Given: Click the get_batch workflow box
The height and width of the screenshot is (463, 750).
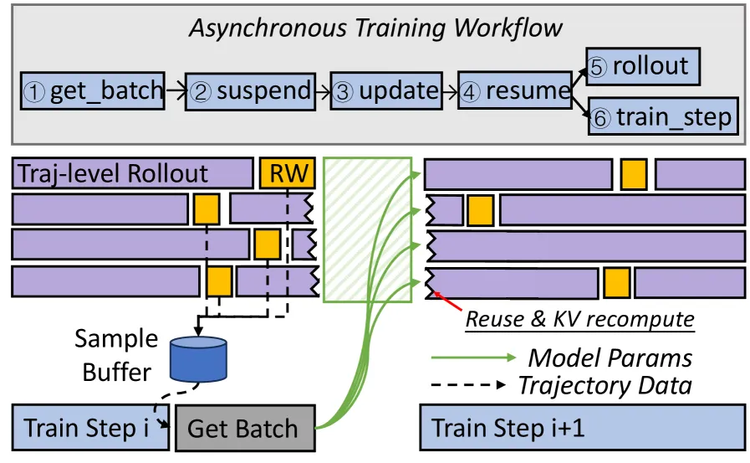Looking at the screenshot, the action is [x=93, y=91].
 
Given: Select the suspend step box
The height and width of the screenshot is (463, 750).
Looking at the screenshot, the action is [x=250, y=91].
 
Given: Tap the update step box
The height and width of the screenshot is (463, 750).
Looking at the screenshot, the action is [x=386, y=91].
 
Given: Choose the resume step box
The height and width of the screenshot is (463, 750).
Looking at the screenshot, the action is [x=515, y=90].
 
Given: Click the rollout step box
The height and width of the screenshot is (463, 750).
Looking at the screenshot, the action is [x=643, y=66].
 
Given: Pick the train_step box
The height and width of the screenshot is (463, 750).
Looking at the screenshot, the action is [x=663, y=116].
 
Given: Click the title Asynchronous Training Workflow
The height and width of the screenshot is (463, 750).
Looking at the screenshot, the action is [x=375, y=28].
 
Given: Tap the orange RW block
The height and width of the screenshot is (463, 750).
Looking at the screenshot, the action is [x=288, y=172].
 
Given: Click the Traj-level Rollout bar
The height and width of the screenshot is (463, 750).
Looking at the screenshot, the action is [x=132, y=172].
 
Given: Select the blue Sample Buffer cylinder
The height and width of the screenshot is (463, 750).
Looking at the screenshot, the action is [x=198, y=359].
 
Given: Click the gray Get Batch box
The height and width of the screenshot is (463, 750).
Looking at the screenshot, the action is [x=245, y=428].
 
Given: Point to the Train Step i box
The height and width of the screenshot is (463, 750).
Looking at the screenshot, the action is [x=90, y=428].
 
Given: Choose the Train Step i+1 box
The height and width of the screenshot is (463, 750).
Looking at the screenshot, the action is [x=583, y=428].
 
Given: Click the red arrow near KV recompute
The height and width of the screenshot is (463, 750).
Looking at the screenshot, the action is [x=448, y=301].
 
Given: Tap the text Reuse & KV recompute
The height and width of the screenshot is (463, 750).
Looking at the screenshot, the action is [x=579, y=319].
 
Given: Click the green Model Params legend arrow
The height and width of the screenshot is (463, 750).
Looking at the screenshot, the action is [x=473, y=358].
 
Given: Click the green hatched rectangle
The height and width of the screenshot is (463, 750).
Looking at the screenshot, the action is [x=367, y=229].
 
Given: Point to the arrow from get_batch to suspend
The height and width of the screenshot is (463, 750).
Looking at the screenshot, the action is [x=176, y=91].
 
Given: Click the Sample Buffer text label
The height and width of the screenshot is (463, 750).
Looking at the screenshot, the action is [x=116, y=355].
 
